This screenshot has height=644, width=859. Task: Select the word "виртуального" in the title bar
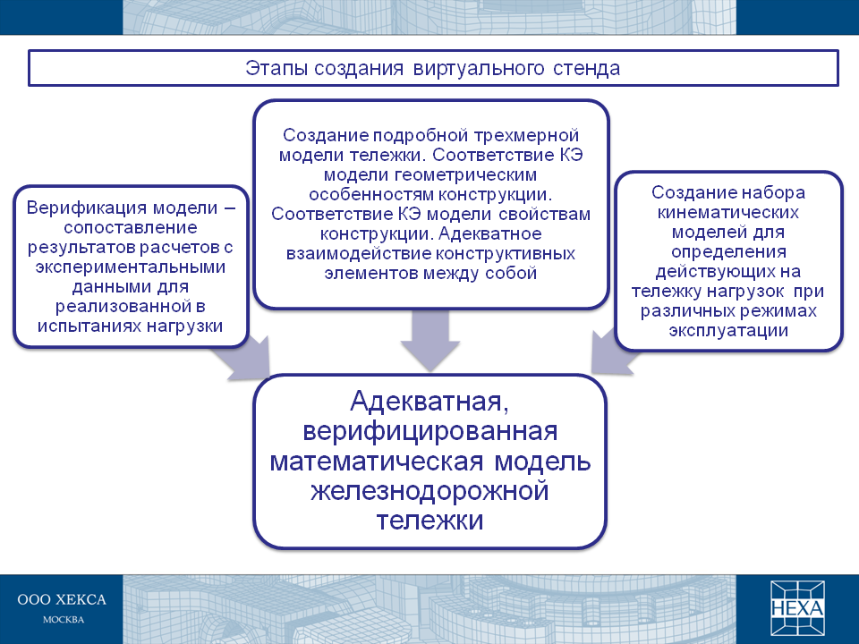[x=479, y=70]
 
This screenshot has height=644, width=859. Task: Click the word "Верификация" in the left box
[x=86, y=208]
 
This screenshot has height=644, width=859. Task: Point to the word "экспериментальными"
[x=131, y=267]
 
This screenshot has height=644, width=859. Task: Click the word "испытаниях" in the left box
[x=89, y=326]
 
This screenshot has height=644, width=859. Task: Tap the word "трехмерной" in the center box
[x=526, y=136]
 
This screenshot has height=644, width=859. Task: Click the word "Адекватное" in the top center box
[x=489, y=233]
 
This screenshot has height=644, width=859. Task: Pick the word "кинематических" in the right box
[x=728, y=213]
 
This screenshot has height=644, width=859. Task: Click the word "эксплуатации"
[x=728, y=331]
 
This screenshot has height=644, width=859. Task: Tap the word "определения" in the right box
[x=728, y=252]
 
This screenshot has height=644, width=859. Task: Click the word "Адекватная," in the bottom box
[x=430, y=402]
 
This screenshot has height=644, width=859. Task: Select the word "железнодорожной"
[x=430, y=491]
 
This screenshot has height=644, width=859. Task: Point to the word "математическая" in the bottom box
[x=377, y=462]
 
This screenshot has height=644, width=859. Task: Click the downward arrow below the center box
[x=430, y=341]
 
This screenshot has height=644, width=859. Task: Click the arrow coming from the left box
[x=243, y=359]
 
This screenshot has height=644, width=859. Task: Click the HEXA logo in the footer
[x=797, y=608]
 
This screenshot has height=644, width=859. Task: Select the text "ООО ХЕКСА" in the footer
[x=62, y=600]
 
